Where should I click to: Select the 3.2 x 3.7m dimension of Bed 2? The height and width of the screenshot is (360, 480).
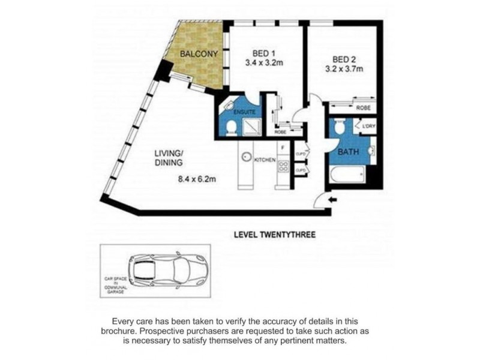349,68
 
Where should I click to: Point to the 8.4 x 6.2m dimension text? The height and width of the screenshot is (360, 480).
196,178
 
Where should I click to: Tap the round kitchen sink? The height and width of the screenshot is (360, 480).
246,157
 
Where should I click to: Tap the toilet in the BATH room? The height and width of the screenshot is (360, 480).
340,127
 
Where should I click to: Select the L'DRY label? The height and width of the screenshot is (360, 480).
367,127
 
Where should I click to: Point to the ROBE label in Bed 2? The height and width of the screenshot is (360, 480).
363,108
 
